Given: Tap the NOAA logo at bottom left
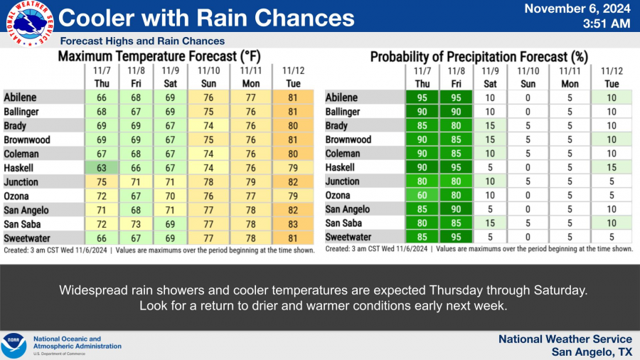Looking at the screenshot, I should coord(14,346).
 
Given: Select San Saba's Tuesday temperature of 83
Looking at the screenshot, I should coord(293,223).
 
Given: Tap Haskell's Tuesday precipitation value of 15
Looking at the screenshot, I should coord(612,167).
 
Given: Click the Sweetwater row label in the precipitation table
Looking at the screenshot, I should coord(348,237).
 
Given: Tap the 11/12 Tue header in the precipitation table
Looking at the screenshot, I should coord(612,76).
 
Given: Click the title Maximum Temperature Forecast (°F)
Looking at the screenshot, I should coord(158,56).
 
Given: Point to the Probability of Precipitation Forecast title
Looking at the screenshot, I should coord(478,56).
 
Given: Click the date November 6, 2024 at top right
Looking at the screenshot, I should coord(577,9).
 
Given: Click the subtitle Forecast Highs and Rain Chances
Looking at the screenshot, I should coord(142,41).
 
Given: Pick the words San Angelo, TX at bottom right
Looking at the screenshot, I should coord(592,351).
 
